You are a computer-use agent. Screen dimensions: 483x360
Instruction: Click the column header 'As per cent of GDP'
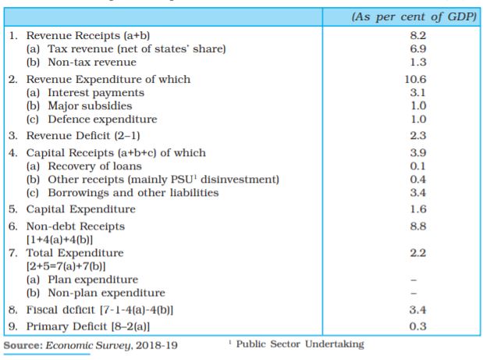click(414, 16)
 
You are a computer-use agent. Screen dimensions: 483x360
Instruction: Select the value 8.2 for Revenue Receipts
click(418, 35)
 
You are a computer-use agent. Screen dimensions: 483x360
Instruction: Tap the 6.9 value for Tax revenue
click(418, 48)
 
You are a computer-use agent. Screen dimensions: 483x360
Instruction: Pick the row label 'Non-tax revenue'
click(92, 62)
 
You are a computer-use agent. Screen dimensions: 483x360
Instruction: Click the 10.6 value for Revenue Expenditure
click(416, 79)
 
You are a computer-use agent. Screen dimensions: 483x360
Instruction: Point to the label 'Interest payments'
click(96, 93)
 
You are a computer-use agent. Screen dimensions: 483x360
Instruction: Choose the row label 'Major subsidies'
click(90, 106)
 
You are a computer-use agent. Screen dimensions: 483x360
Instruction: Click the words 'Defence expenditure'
click(102, 119)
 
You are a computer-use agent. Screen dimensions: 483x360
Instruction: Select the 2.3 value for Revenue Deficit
click(418, 136)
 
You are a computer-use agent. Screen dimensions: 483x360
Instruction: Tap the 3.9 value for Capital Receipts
click(418, 152)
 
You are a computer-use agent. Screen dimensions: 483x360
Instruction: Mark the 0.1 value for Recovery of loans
click(417, 166)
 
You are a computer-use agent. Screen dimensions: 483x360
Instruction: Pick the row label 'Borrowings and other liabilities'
click(133, 193)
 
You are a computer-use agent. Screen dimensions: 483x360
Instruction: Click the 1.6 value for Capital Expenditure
click(418, 209)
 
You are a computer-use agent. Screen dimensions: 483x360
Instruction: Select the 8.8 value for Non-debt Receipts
click(418, 226)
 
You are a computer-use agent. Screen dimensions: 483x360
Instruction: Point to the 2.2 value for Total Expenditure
click(418, 253)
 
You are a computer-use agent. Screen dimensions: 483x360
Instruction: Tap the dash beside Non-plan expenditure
click(414, 293)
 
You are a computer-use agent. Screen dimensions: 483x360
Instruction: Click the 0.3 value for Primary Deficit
click(418, 326)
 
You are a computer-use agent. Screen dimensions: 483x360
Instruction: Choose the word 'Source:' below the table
click(23, 345)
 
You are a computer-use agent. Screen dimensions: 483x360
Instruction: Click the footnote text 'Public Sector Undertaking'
click(300, 344)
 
